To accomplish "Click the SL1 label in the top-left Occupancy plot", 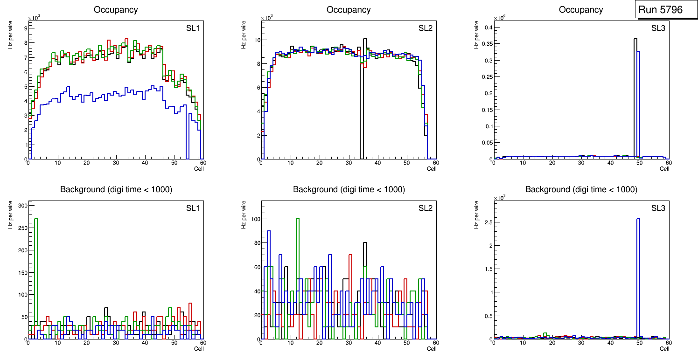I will click(x=193, y=28).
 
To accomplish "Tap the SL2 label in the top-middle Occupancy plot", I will click(x=426, y=28).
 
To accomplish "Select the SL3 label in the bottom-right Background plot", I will click(x=658, y=208).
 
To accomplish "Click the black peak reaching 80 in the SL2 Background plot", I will click(x=365, y=252).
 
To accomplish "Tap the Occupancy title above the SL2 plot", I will click(x=349, y=10).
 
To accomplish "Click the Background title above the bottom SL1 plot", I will click(x=116, y=189).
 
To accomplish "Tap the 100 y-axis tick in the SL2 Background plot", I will click(x=254, y=219).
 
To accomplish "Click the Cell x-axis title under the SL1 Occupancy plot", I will click(x=199, y=169).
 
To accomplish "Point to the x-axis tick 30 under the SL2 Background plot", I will click(x=348, y=343).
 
